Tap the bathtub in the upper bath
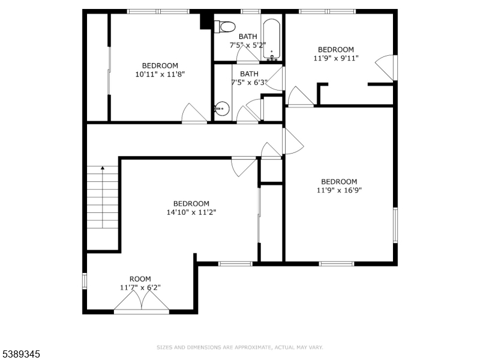pyautogui.click(x=272, y=39)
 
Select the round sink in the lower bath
pyautogui.click(x=222, y=109)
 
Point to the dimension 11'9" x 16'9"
pyautogui.click(x=339, y=190)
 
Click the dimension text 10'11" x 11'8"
pyautogui.click(x=160, y=74)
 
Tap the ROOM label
pyautogui.click(x=140, y=279)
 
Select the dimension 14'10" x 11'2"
pyautogui.click(x=191, y=212)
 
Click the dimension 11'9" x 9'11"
pyautogui.click(x=336, y=58)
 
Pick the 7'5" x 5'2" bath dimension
pyautogui.click(x=248, y=45)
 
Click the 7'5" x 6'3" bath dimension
pyautogui.click(x=249, y=82)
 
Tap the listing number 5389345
pyautogui.click(x=20, y=354)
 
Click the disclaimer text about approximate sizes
pyautogui.click(x=239, y=347)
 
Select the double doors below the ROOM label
pyautogui.click(x=142, y=302)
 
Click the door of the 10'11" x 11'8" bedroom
pyautogui.click(x=194, y=113)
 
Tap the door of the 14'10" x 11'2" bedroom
pyautogui.click(x=244, y=166)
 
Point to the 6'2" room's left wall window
pyautogui.click(x=85, y=281)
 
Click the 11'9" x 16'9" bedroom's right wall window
pyautogui.click(x=395, y=225)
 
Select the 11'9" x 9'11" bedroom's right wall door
pyautogui.click(x=386, y=68)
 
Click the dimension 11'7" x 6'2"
pyautogui.click(x=140, y=287)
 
